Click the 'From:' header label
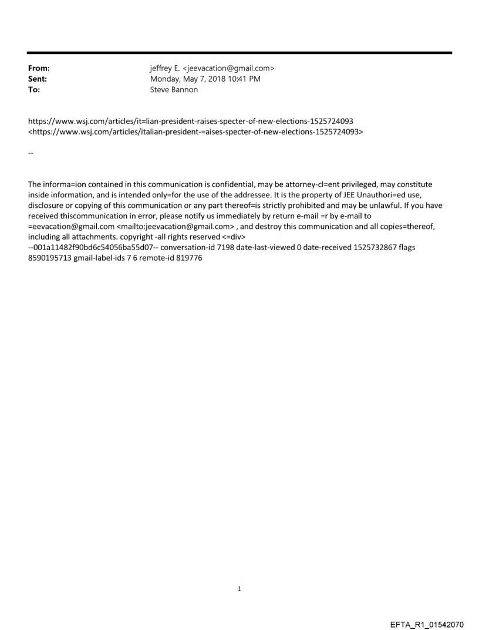38,69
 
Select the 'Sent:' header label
37,79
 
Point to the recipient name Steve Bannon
174,89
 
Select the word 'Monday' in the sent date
167,79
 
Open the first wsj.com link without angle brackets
191,122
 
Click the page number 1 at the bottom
239,588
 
